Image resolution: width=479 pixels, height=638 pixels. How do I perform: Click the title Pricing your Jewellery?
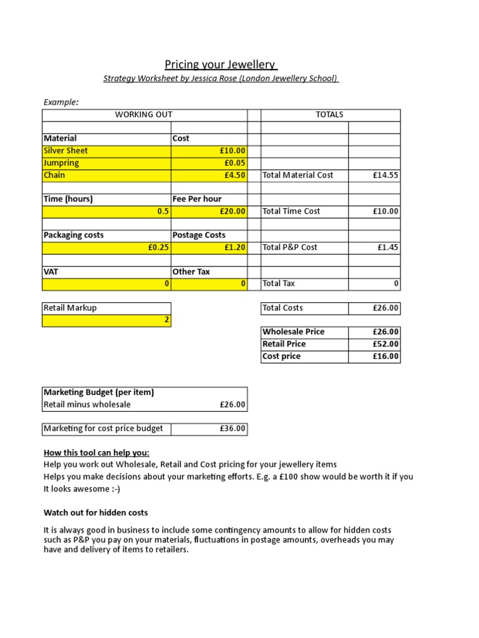point(221,65)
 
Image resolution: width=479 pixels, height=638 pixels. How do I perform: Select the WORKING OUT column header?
point(143,115)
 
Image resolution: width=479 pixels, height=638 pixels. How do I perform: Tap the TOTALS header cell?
point(330,115)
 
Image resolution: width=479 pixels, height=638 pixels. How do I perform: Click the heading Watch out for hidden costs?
point(95,513)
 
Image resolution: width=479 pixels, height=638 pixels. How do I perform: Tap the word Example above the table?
point(60,102)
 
